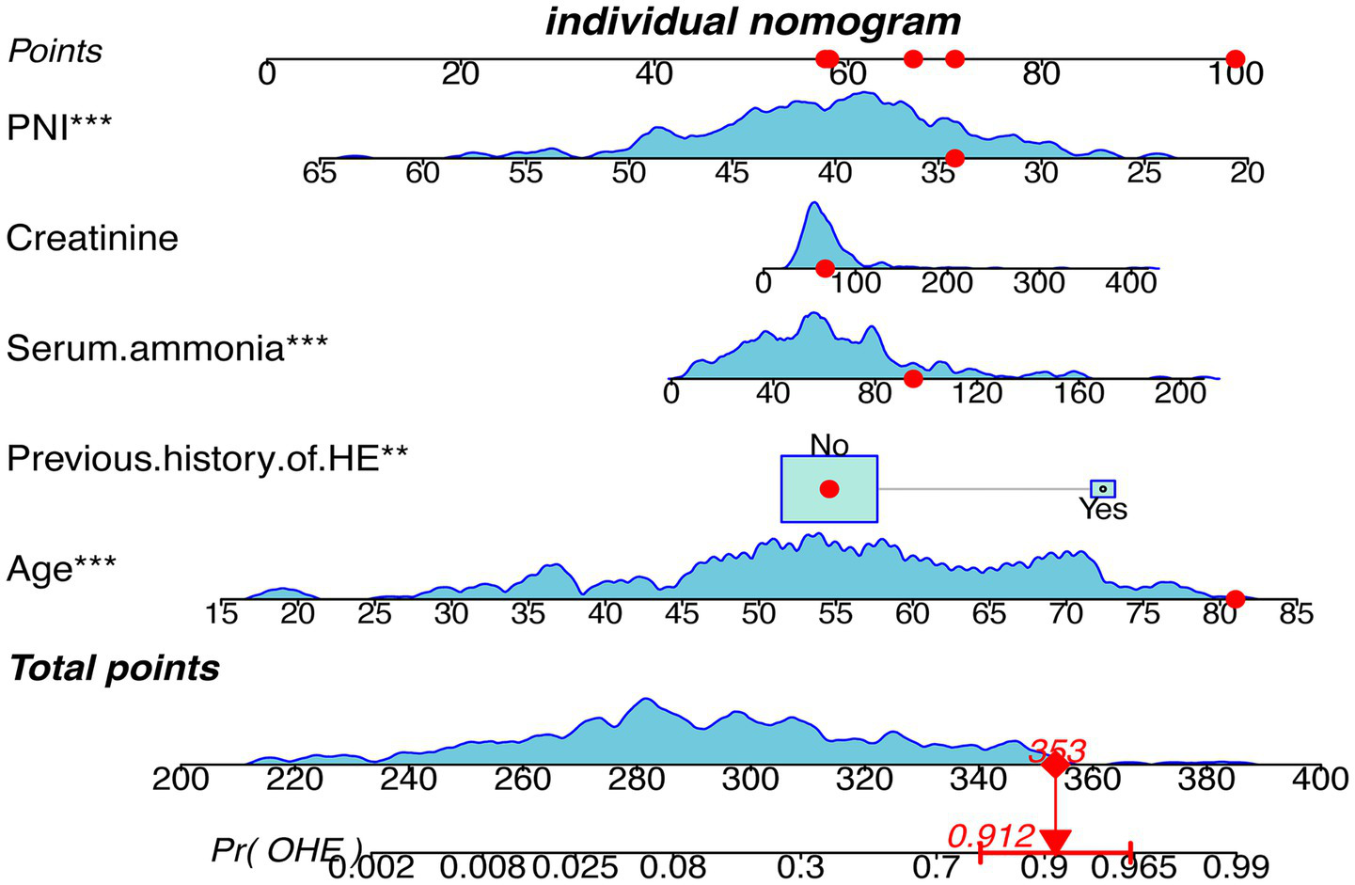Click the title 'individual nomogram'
(x=753, y=21)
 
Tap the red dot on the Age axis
(x=1236, y=599)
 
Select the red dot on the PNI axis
(x=954, y=158)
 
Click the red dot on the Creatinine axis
(x=825, y=268)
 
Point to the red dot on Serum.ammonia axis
(x=913, y=378)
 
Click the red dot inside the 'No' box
(x=828, y=489)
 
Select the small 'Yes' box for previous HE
(x=1102, y=489)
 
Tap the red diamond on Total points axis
(x=1055, y=765)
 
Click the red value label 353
(x=1057, y=751)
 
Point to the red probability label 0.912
(x=990, y=835)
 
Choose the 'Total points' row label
(x=114, y=669)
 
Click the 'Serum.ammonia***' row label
(x=166, y=348)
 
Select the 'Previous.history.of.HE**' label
(x=207, y=458)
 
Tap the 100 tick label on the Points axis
(x=1235, y=73)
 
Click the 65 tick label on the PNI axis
(x=321, y=173)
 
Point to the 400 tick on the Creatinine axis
(x=1130, y=282)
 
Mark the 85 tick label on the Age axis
(x=1296, y=614)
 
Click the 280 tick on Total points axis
(x=637, y=780)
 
